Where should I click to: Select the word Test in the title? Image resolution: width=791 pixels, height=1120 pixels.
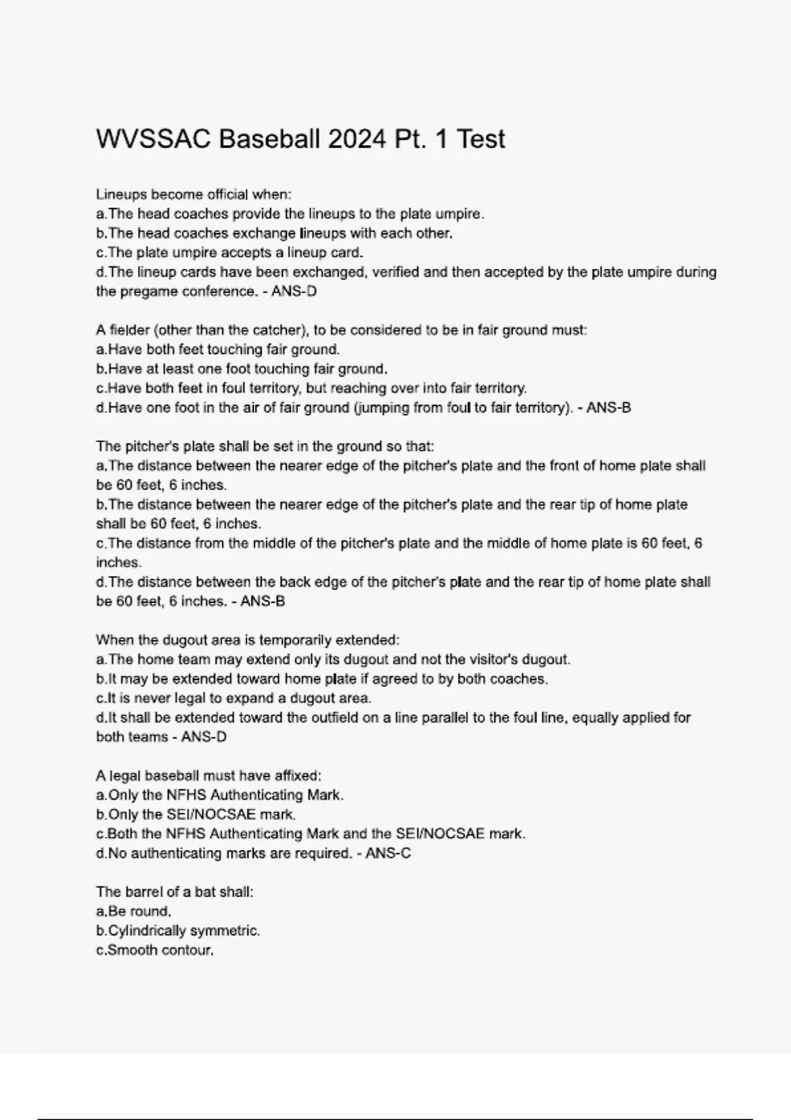pos(481,139)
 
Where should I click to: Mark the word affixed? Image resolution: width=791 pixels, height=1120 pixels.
pos(297,775)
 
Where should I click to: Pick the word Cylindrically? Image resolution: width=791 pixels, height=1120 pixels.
pos(147,931)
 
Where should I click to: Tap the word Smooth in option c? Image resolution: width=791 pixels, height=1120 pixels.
pos(129,950)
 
